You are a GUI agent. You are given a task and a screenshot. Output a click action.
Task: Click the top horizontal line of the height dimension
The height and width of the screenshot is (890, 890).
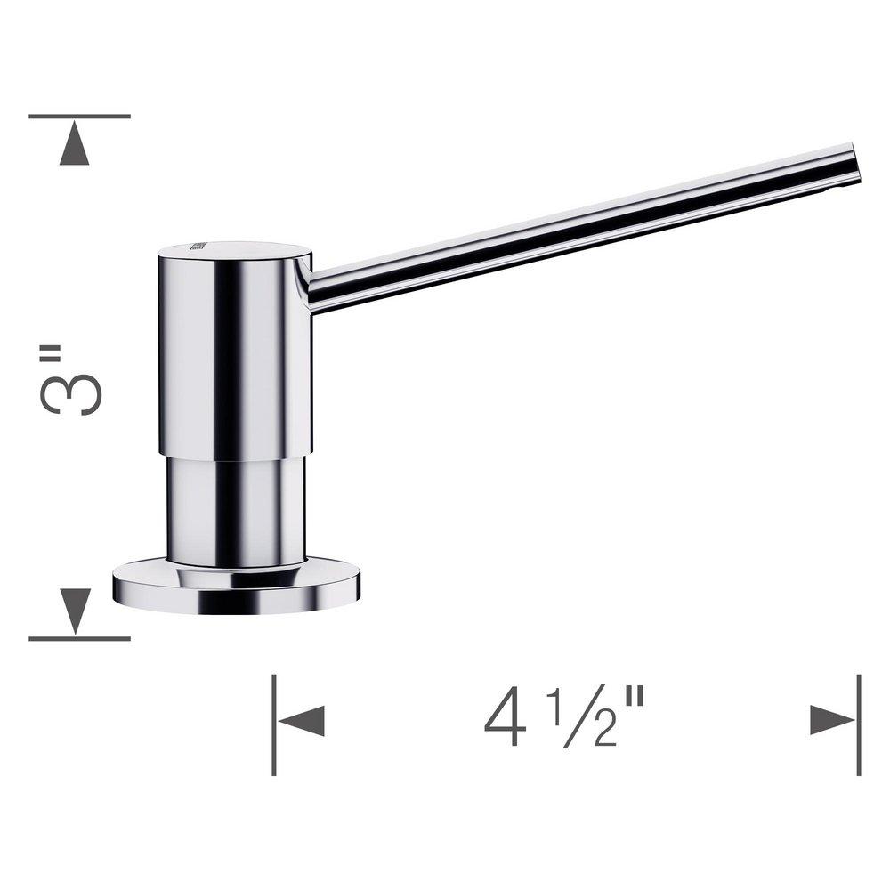click(x=79, y=117)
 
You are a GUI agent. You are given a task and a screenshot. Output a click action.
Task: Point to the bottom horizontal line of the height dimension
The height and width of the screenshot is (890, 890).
click(x=79, y=638)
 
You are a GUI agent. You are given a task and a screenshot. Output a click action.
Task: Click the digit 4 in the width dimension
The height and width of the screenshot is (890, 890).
click(x=505, y=719)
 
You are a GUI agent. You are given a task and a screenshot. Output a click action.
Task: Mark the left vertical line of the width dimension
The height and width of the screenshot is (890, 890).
click(x=274, y=724)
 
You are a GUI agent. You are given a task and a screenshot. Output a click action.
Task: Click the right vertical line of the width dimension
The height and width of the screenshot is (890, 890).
click(x=858, y=724)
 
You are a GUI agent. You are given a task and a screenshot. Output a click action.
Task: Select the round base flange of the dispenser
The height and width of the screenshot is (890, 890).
click(x=236, y=587)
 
